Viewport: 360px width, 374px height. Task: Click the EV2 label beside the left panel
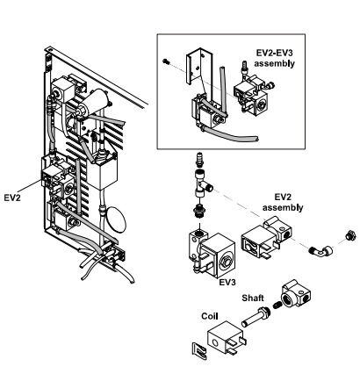tap(12, 198)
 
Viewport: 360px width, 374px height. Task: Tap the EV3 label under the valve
tap(227, 282)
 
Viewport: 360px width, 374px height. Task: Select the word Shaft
tap(253, 298)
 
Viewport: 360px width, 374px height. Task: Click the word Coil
tap(210, 316)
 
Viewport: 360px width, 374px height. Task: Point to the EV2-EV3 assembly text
tap(274, 58)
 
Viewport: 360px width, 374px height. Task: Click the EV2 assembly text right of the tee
tap(283, 202)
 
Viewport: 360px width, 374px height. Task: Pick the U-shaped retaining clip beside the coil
tap(199, 350)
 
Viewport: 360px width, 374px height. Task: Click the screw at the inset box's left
tap(166, 61)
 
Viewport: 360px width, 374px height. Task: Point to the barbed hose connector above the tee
tap(199, 161)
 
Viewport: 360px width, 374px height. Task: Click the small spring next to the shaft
tap(277, 306)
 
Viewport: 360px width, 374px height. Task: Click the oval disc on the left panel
tap(116, 219)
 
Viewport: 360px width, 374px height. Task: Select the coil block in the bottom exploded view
tap(226, 338)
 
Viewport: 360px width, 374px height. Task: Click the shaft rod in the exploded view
tap(256, 317)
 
